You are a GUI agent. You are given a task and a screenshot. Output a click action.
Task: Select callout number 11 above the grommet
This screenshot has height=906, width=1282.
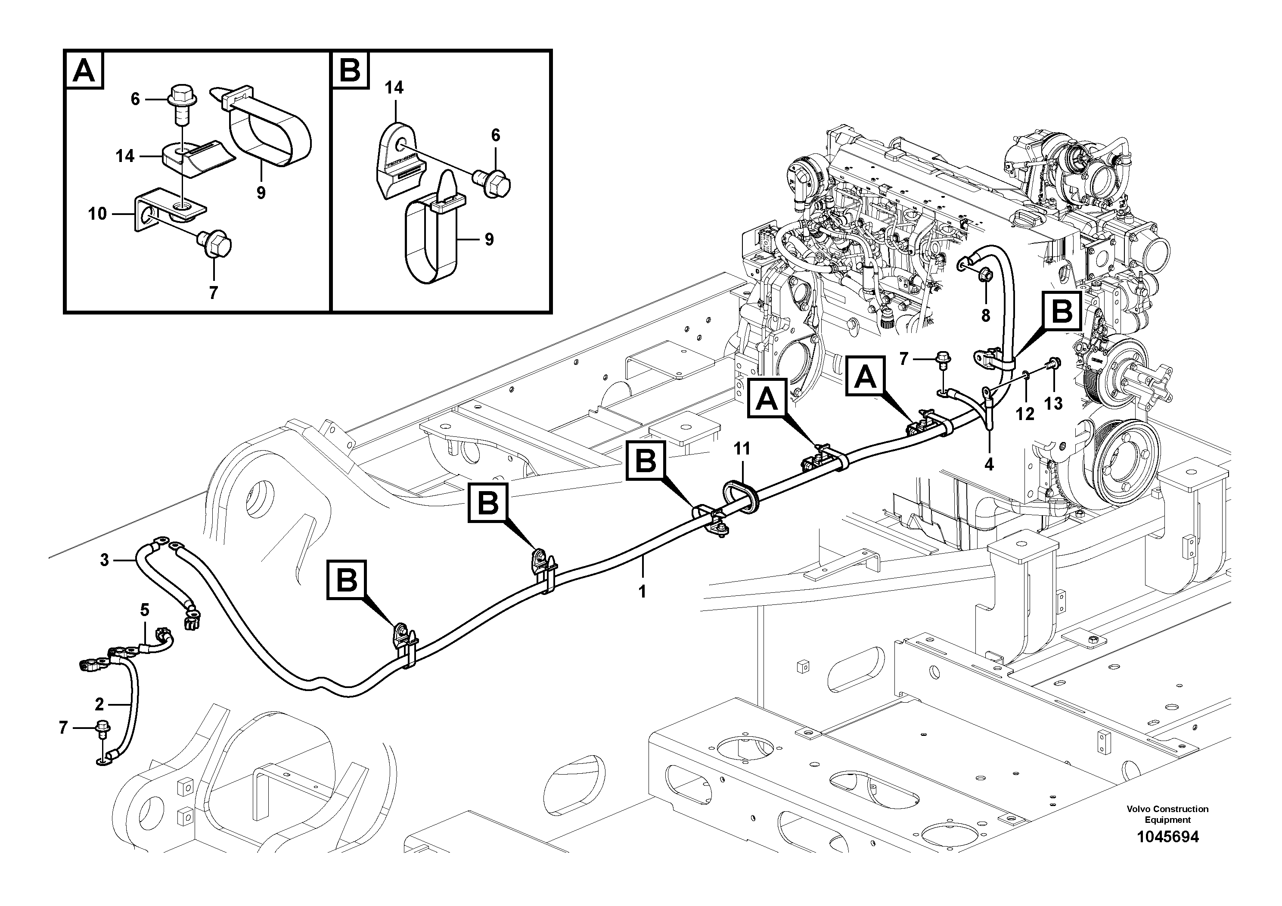click(742, 448)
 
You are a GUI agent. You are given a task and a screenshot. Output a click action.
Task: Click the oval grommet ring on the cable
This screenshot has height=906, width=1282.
click(742, 494)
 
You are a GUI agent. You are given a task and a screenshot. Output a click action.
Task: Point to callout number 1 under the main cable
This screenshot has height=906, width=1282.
click(642, 592)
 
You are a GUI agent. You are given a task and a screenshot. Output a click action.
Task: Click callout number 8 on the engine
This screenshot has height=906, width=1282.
click(986, 316)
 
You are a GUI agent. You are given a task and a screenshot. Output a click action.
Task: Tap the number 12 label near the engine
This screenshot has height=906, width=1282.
click(1025, 414)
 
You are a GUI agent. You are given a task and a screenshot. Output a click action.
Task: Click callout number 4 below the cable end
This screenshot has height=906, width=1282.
click(989, 464)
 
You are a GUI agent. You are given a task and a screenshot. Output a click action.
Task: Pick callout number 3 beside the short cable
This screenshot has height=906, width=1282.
click(104, 560)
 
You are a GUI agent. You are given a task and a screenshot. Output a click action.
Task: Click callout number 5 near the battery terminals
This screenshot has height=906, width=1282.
click(145, 610)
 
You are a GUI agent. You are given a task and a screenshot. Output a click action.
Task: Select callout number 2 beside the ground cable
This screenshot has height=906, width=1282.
click(99, 704)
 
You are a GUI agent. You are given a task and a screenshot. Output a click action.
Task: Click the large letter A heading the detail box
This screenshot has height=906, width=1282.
click(85, 71)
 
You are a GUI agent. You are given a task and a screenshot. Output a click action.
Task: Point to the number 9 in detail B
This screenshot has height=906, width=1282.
click(489, 240)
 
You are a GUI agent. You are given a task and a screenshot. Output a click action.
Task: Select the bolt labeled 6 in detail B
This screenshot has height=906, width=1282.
click(494, 183)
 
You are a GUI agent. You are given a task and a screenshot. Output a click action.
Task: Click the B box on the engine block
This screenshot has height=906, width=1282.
click(1062, 311)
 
